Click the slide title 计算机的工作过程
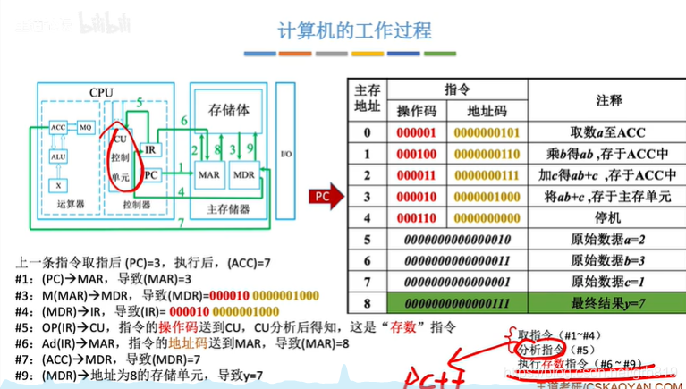point(354,30)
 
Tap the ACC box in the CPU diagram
point(58,129)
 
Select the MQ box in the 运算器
point(86,129)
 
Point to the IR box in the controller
point(151,149)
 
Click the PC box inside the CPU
point(151,175)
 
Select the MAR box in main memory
point(209,175)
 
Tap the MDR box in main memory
point(244,175)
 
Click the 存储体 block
point(229,111)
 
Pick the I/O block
point(285,154)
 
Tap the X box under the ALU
point(58,185)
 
